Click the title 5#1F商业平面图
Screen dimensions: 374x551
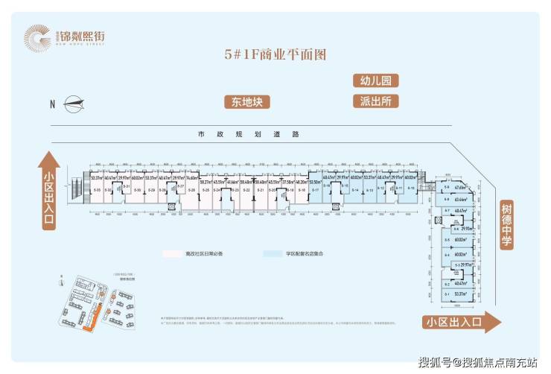point(275,54)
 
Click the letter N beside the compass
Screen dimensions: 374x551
point(53,104)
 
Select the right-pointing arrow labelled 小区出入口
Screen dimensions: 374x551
point(462,323)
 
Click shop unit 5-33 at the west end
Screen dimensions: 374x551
point(97,191)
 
